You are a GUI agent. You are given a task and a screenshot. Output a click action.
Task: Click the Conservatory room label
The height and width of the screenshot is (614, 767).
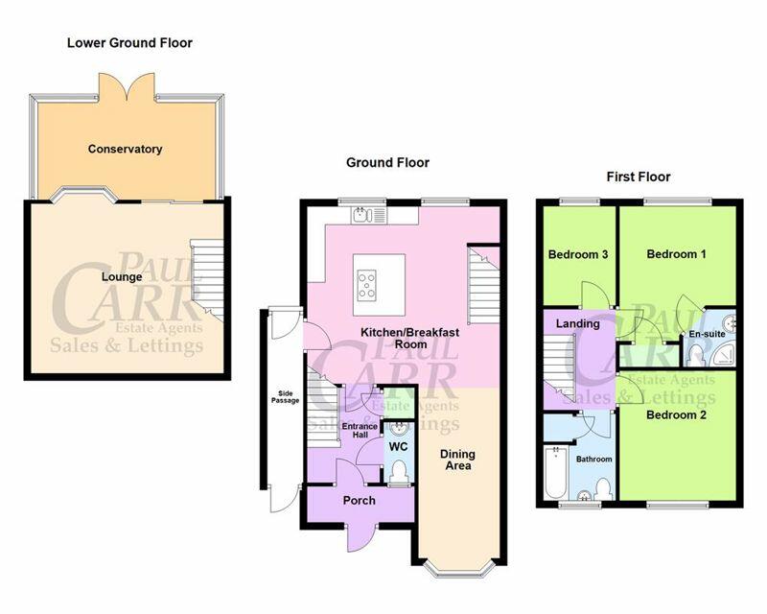(126, 149)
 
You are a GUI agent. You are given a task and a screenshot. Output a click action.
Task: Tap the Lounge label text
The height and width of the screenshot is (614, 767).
(122, 277)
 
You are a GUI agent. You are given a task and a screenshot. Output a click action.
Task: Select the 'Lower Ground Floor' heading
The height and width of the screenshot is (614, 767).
(129, 42)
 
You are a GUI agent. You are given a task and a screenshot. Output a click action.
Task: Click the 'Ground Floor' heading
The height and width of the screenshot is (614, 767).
(387, 162)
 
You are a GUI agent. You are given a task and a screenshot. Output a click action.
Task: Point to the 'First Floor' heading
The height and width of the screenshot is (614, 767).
(639, 177)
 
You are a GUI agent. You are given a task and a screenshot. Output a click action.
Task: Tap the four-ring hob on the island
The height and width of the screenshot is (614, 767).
(367, 285)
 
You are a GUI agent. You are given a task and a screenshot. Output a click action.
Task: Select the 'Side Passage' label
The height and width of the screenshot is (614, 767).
(285, 397)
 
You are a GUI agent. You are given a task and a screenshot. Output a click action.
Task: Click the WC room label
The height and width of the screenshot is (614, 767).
(398, 446)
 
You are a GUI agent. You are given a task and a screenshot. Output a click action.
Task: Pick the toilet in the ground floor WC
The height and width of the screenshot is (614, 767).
(400, 471)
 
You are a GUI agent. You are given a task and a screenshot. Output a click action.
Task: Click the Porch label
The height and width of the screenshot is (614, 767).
(359, 501)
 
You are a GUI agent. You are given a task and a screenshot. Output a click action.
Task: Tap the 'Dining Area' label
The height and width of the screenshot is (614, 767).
(457, 460)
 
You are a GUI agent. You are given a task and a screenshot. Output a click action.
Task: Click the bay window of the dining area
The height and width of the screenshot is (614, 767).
(458, 567)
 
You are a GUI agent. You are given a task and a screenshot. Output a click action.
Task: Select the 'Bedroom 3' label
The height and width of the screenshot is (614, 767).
(578, 254)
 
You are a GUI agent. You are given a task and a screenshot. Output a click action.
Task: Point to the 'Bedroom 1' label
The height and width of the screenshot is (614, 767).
(676, 254)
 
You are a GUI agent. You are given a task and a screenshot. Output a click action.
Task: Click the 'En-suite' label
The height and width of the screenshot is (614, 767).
(707, 334)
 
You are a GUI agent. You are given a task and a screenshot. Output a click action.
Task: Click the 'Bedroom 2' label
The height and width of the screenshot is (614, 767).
(676, 415)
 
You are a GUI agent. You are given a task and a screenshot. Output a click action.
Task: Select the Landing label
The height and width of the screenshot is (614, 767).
(578, 323)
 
